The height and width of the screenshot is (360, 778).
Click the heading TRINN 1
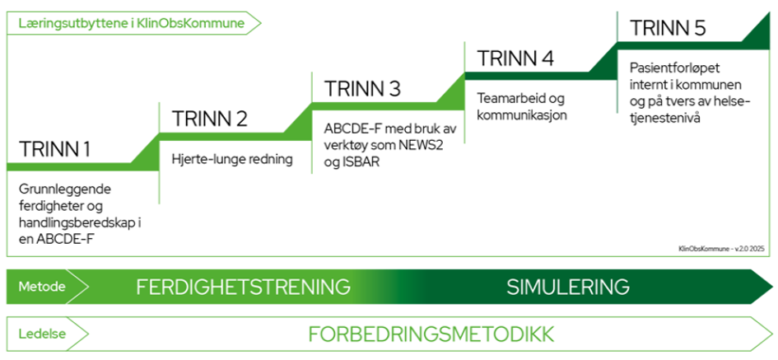point(54,149)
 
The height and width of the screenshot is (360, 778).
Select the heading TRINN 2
point(209,119)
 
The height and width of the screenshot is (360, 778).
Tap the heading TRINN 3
point(362,88)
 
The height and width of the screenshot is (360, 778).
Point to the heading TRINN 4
point(515,58)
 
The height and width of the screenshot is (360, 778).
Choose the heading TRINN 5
point(668,28)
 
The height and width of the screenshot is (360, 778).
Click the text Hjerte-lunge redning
point(232,160)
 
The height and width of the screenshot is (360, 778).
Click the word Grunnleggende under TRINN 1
point(65,189)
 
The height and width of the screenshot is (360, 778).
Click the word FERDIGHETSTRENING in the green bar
point(243,287)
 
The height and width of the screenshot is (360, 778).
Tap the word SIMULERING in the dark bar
point(568,287)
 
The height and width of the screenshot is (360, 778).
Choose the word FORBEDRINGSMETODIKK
point(431,334)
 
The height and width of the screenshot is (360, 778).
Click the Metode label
point(35,287)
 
